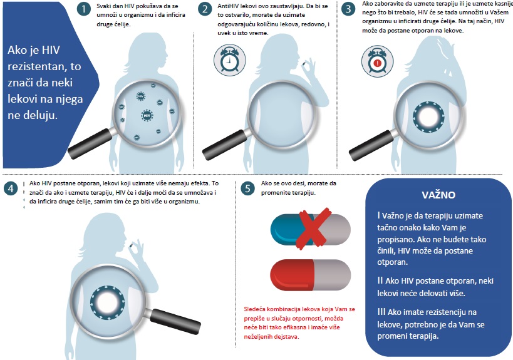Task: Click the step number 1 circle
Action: click(x=84, y=9)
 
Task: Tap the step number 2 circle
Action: click(x=205, y=9)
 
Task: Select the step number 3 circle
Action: click(x=348, y=9)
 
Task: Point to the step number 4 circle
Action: click(x=11, y=188)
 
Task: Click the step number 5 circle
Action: click(x=247, y=188)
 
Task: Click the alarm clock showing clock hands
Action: click(x=230, y=61)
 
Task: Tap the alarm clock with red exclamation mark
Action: click(x=378, y=61)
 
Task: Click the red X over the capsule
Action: click(x=313, y=229)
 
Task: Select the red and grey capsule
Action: click(x=311, y=275)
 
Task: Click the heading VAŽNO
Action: click(x=438, y=195)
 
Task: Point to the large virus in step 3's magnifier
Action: click(x=428, y=116)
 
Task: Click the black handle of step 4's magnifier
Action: click(x=176, y=321)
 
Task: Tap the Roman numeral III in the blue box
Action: click(x=381, y=312)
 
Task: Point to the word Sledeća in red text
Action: click(x=254, y=309)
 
